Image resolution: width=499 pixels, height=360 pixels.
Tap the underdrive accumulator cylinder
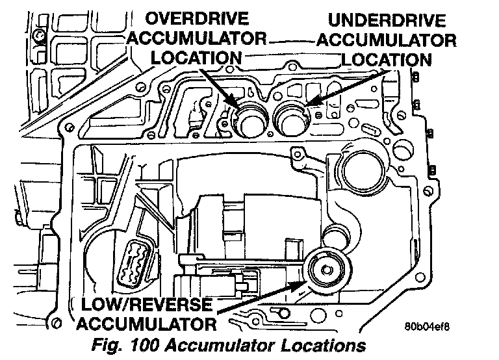(291, 117)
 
